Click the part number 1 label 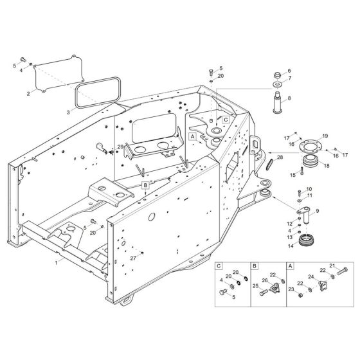[x=57, y=263]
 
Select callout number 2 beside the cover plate [x=28, y=94]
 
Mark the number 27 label [x=133, y=258]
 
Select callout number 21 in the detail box [x=332, y=265]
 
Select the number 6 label [x=289, y=71]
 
